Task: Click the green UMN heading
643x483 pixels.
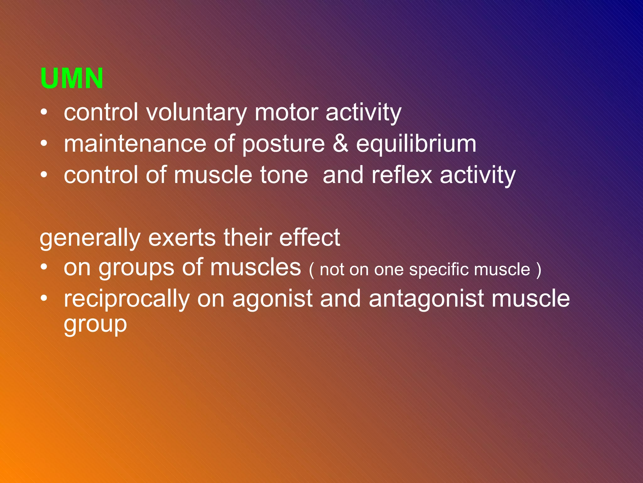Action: coord(72,78)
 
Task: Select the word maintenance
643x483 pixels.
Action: coord(135,144)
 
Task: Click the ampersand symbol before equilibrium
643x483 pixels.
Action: coord(340,144)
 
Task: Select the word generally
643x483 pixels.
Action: coord(90,238)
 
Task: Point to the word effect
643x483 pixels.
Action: coord(309,238)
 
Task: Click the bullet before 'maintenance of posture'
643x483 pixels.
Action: coord(44,144)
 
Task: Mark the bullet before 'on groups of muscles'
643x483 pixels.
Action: coord(44,268)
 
